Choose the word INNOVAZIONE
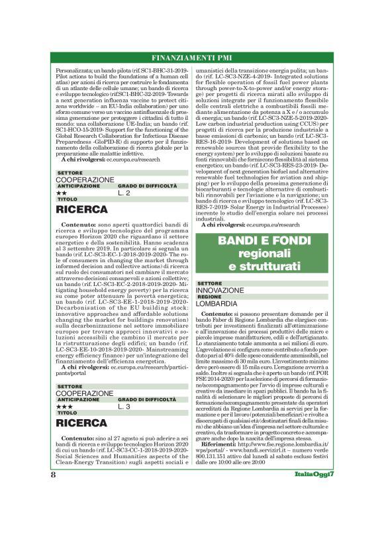(220, 290)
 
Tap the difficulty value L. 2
(124, 193)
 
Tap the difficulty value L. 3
(124, 406)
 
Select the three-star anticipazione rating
(64, 406)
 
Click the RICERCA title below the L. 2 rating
(82, 209)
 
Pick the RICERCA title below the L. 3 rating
(82, 422)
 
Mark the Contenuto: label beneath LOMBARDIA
(220, 312)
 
